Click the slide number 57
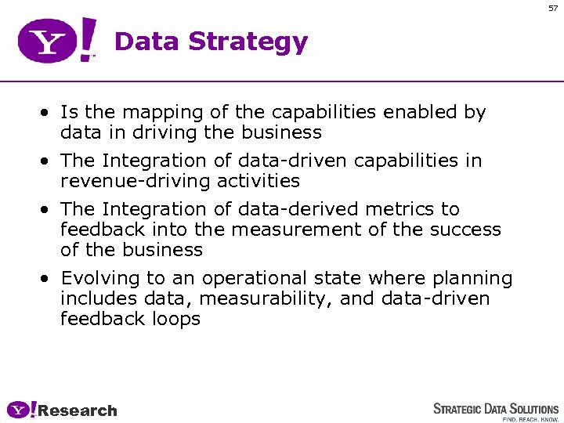click(553, 8)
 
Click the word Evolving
click(97, 279)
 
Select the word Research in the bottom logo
click(77, 410)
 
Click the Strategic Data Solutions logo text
click(496, 409)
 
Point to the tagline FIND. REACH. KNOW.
click(530, 419)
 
